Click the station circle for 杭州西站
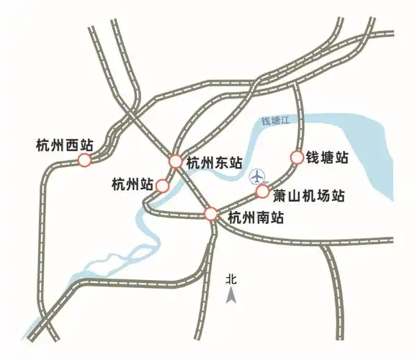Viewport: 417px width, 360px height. click(x=84, y=161)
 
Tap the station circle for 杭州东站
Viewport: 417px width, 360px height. click(x=176, y=161)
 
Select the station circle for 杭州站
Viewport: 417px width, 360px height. click(x=163, y=186)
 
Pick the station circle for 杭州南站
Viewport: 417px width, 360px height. click(x=210, y=214)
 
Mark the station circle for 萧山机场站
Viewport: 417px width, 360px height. click(x=263, y=192)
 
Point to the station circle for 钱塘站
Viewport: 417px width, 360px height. click(x=295, y=157)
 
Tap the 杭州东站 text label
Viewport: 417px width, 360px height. click(x=213, y=163)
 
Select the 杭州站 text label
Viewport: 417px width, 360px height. click(x=133, y=185)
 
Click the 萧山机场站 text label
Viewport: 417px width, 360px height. click(x=308, y=195)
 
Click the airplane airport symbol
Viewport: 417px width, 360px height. click(x=256, y=176)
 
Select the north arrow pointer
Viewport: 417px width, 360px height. click(x=231, y=294)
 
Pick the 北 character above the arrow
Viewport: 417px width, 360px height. click(x=231, y=278)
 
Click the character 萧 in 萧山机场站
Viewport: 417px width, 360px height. click(x=280, y=195)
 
